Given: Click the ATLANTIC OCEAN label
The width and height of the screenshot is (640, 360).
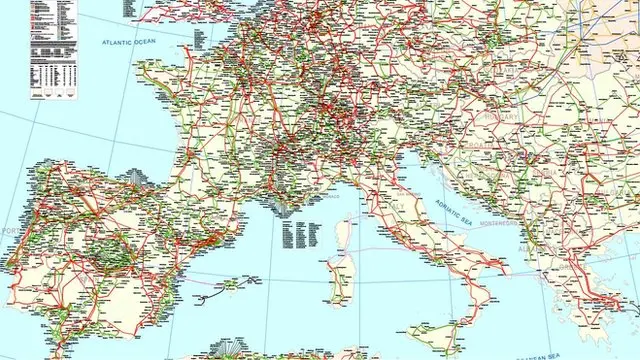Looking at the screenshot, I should click(130, 42).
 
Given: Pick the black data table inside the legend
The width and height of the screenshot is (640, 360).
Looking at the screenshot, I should click(51, 50).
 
